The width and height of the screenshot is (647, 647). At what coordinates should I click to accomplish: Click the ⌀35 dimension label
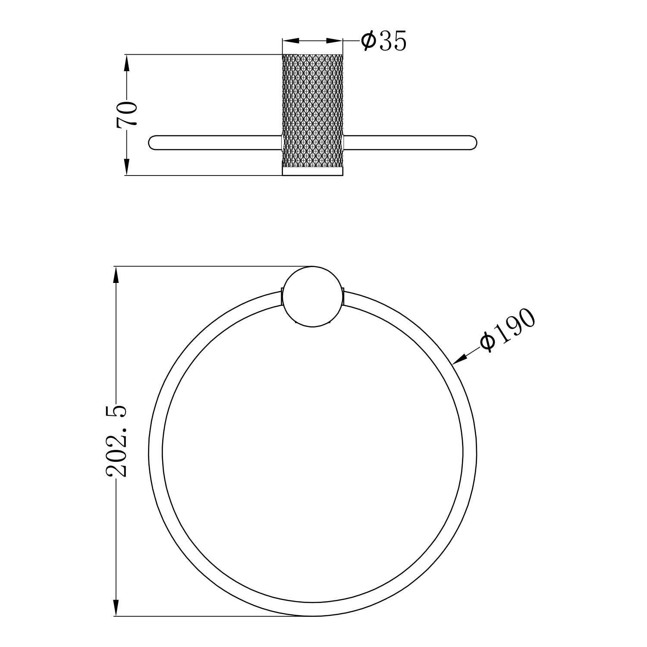pyautogui.click(x=383, y=41)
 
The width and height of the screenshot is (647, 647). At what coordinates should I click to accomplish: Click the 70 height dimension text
pyautogui.click(x=127, y=115)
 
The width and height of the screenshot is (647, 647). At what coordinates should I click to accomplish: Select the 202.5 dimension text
pyautogui.click(x=117, y=441)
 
